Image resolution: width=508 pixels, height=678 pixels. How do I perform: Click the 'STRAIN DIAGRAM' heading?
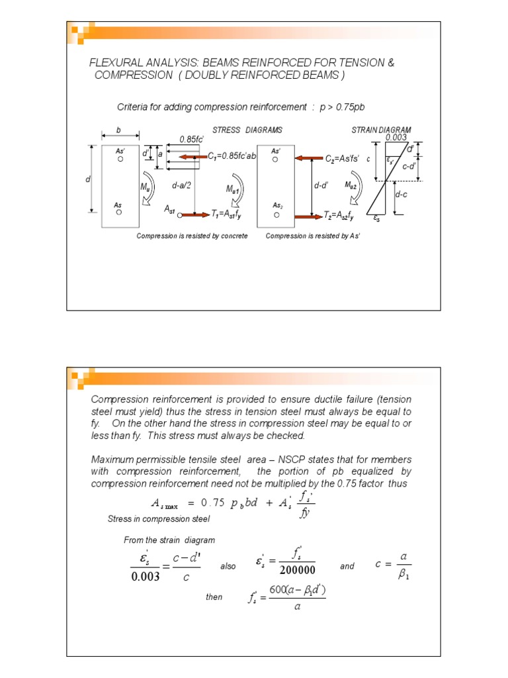[x=382, y=130]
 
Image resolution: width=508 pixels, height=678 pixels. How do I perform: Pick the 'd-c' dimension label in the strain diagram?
[x=402, y=195]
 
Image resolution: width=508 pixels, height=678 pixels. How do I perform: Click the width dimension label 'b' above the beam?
[x=119, y=130]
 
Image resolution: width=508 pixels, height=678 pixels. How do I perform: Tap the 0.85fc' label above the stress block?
[x=192, y=140]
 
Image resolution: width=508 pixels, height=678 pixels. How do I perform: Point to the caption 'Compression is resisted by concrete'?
[x=192, y=236]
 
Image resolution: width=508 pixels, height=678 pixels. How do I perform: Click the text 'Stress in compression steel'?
[x=149, y=519]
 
